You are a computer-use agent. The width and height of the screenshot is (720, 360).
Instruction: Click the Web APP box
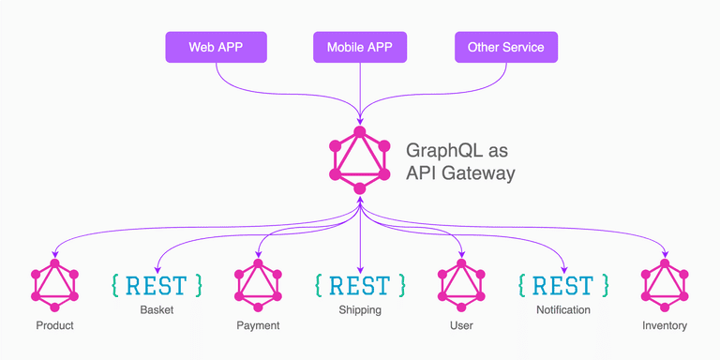(217, 47)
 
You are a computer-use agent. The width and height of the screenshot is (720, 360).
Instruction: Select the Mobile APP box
(360, 47)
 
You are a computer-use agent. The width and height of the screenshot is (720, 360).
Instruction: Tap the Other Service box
(505, 47)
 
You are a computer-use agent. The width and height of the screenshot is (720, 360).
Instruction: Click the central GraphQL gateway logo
(359, 160)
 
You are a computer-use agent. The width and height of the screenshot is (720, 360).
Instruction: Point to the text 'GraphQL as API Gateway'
(459, 161)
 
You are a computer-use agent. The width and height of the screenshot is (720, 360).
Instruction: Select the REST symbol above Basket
(156, 285)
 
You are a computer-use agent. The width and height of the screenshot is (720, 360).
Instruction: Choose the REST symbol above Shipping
(360, 285)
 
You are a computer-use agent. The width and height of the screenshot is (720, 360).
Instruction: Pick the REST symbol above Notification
(563, 285)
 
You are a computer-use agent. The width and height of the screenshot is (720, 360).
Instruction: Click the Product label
(54, 326)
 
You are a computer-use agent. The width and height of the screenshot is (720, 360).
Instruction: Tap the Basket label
(157, 309)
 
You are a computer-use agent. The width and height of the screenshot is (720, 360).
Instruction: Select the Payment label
(258, 326)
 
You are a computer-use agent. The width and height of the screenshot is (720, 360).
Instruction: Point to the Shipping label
(360, 309)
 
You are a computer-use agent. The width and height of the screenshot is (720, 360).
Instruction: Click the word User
(461, 326)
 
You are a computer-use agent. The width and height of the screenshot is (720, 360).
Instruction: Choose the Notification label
(563, 309)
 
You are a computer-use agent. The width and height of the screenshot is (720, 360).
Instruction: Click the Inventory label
(665, 326)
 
